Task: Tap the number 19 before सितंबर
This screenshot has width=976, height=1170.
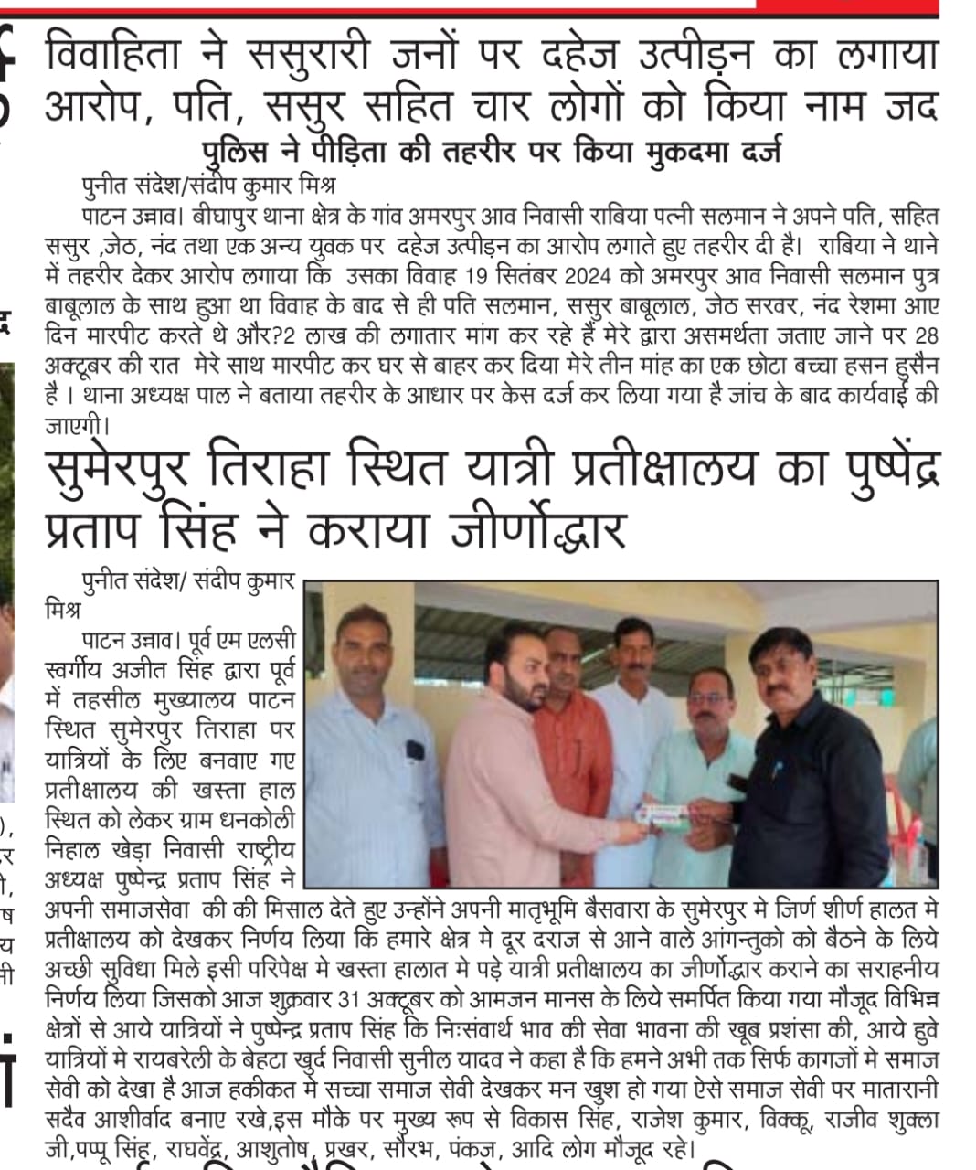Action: coord(540,276)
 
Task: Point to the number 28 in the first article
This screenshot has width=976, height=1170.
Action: coord(924,334)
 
